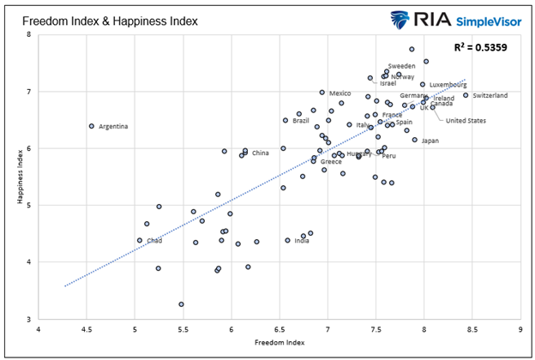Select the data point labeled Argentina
pos(92,126)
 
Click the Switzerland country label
pos(490,95)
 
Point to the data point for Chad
pos(140,240)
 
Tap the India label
pos(302,241)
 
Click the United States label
pos(466,121)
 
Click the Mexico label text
pos(340,93)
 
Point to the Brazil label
pos(301,121)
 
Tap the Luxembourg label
pos(448,85)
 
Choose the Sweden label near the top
pos(401,66)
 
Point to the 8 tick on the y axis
pos(28,35)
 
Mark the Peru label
pos(388,156)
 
